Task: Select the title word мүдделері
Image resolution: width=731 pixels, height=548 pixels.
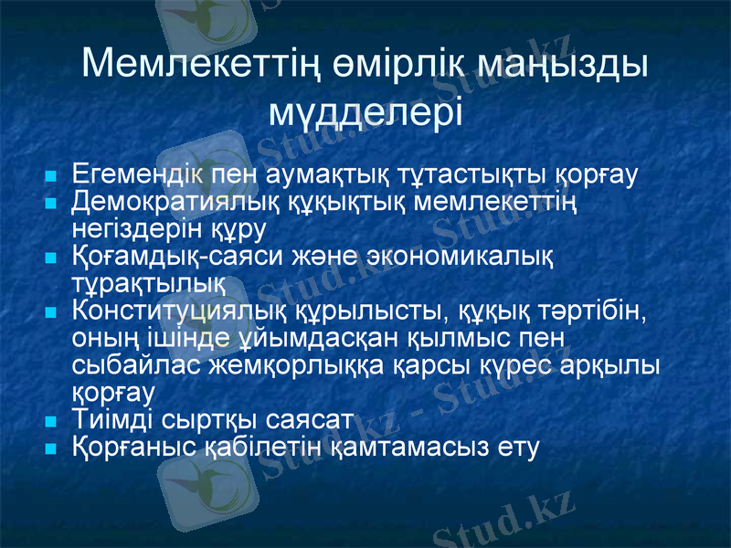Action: coord(366,113)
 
